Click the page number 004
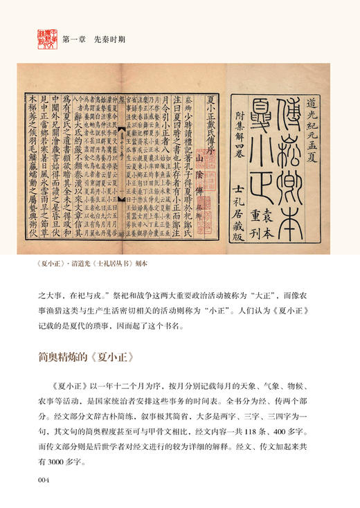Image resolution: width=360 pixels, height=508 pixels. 45,478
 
